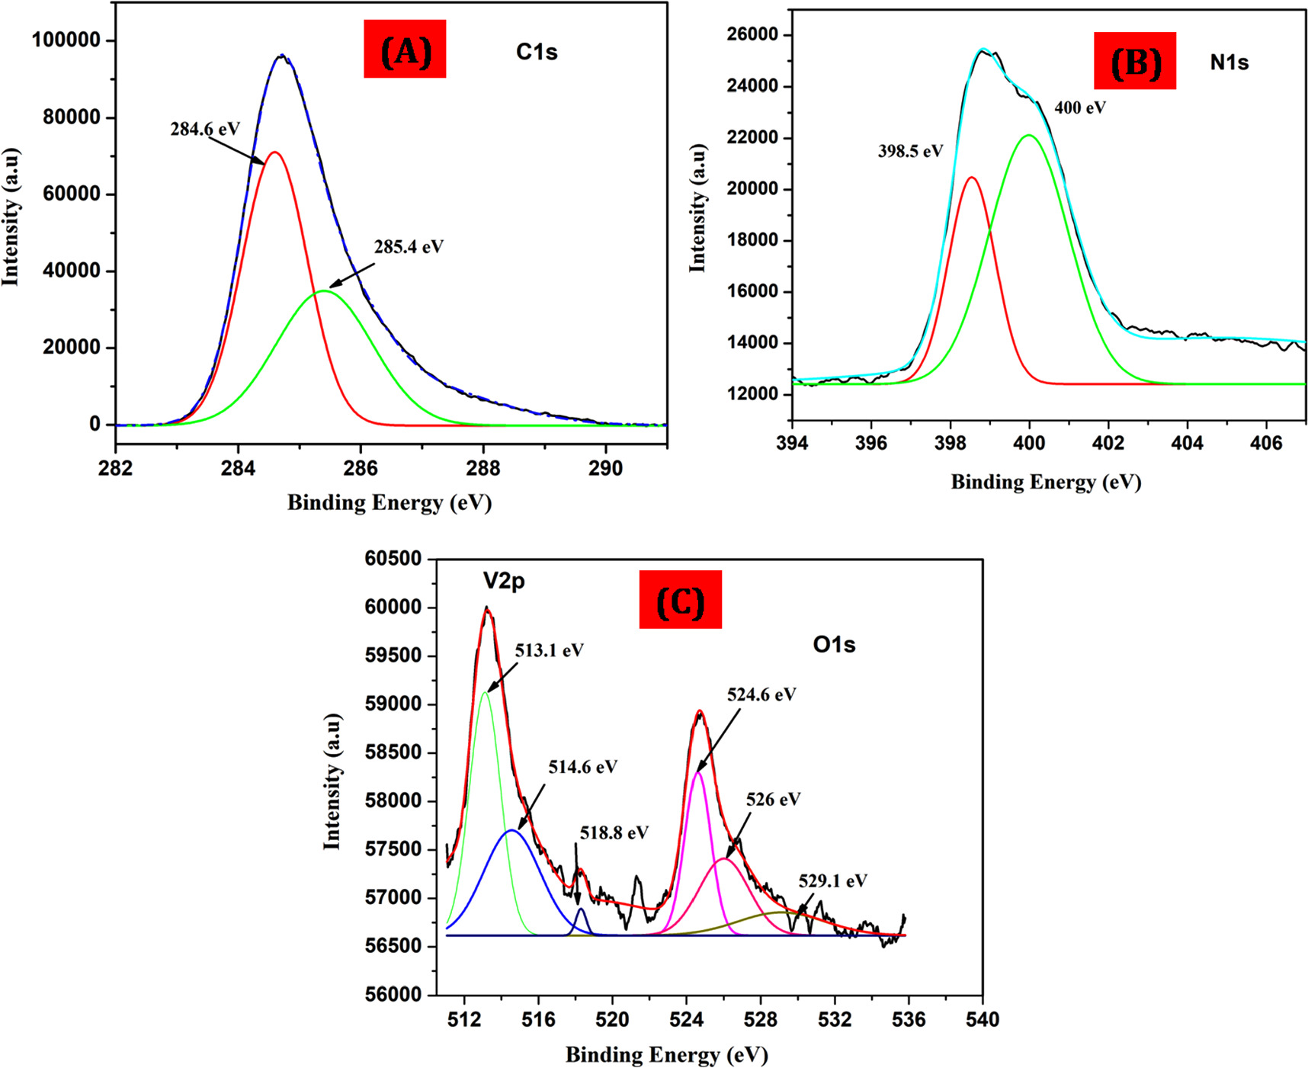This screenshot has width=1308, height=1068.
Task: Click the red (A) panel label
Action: [x=405, y=50]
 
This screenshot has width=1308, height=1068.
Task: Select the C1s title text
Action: [x=537, y=52]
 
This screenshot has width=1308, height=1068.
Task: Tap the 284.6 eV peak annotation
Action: [x=205, y=129]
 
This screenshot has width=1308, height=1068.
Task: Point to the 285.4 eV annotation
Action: [x=409, y=247]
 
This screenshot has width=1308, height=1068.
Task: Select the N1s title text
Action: [x=1229, y=63]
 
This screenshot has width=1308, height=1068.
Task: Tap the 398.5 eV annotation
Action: [x=910, y=151]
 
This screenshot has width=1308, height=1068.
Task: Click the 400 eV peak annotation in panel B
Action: [x=1080, y=107]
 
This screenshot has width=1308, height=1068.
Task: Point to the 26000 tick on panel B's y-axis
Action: [x=752, y=34]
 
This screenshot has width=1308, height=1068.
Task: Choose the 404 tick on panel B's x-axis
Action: [x=1187, y=442]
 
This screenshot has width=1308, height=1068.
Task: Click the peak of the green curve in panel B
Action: [x=1029, y=136]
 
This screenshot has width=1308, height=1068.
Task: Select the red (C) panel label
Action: [x=680, y=600]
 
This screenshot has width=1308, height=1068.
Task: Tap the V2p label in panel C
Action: [x=504, y=582]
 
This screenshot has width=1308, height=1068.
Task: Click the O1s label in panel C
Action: [x=834, y=645]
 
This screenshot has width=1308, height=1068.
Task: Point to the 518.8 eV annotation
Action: [x=614, y=832]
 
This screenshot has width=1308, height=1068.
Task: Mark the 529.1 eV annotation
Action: [x=833, y=881]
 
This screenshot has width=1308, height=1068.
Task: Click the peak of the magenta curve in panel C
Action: [x=697, y=773]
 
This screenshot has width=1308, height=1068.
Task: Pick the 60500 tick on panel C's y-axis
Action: [x=393, y=559]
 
